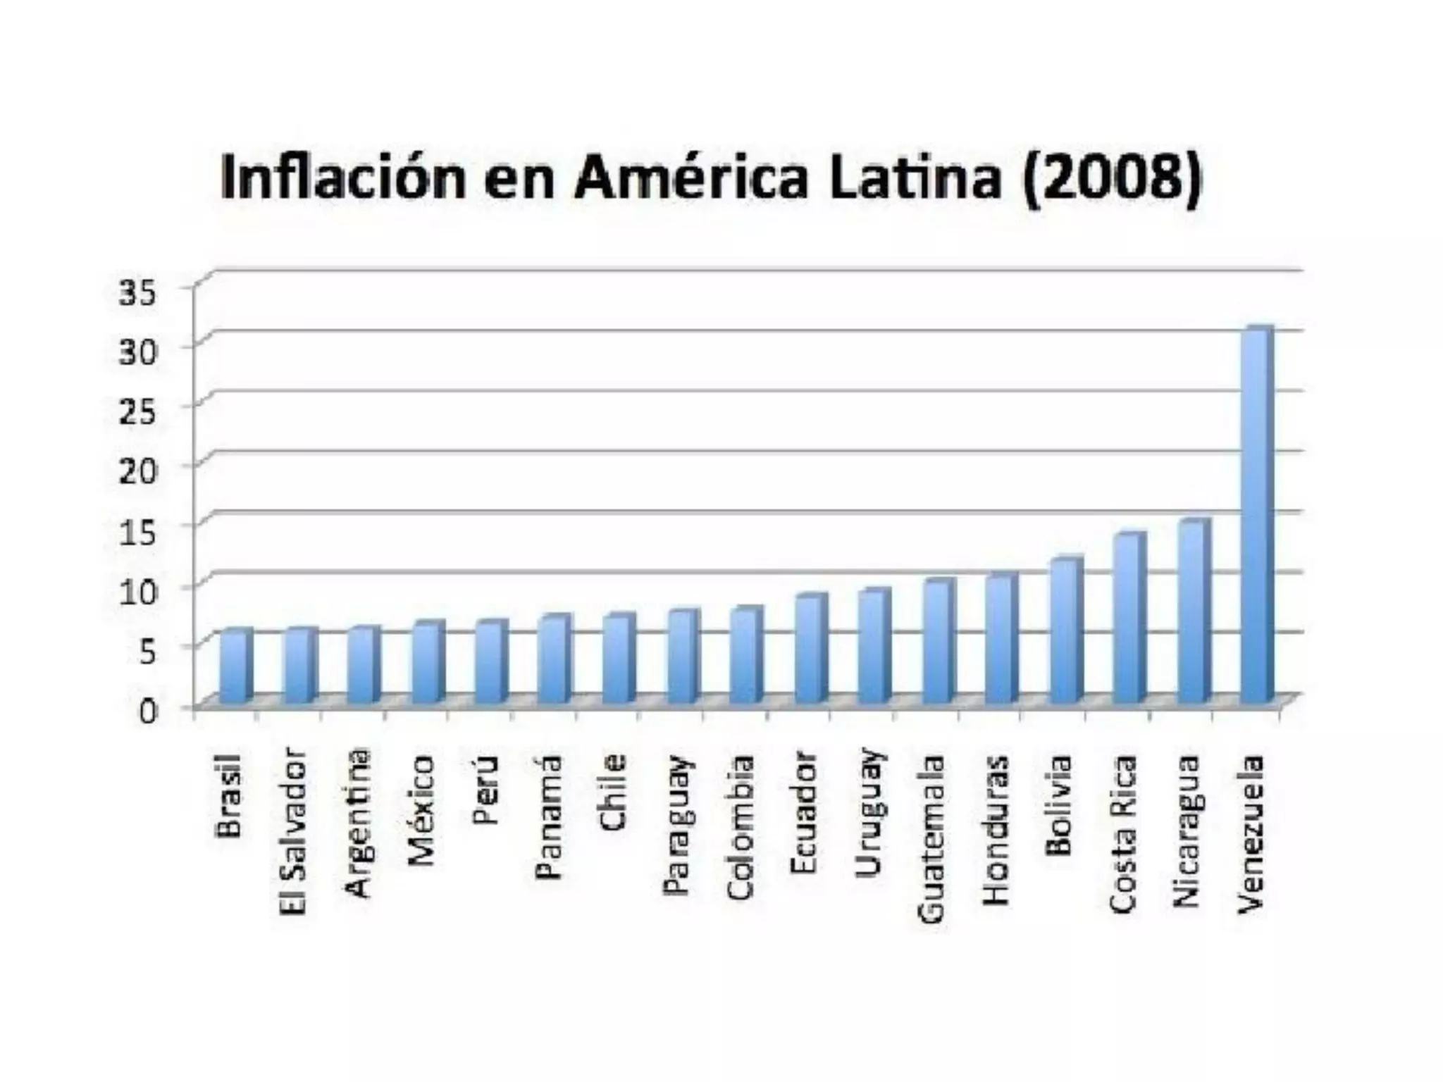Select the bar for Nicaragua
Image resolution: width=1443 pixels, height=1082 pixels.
point(1192,613)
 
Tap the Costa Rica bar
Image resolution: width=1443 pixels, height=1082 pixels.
point(1128,620)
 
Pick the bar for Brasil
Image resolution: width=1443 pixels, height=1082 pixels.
point(235,666)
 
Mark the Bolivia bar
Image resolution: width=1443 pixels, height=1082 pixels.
point(1065,631)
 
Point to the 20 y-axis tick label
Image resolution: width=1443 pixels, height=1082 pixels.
point(137,471)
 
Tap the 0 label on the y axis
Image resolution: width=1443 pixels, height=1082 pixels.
point(147,710)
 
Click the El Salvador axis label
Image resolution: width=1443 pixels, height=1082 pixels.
point(294,831)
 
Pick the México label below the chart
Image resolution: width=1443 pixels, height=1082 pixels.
point(422,810)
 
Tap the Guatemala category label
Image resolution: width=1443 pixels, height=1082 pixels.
point(931,838)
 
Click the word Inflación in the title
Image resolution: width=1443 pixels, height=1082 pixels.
point(343,177)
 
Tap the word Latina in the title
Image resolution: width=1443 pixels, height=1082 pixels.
point(914,177)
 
